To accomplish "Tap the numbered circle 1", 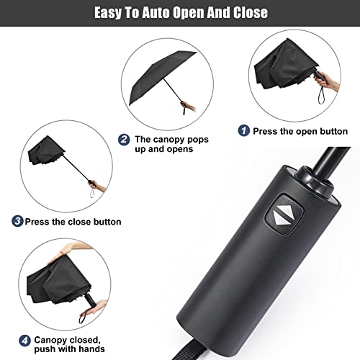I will click(x=244, y=132).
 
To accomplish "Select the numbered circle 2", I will click(x=124, y=139).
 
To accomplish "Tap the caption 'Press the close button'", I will click(x=72, y=222).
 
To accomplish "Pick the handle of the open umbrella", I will click(x=189, y=108).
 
